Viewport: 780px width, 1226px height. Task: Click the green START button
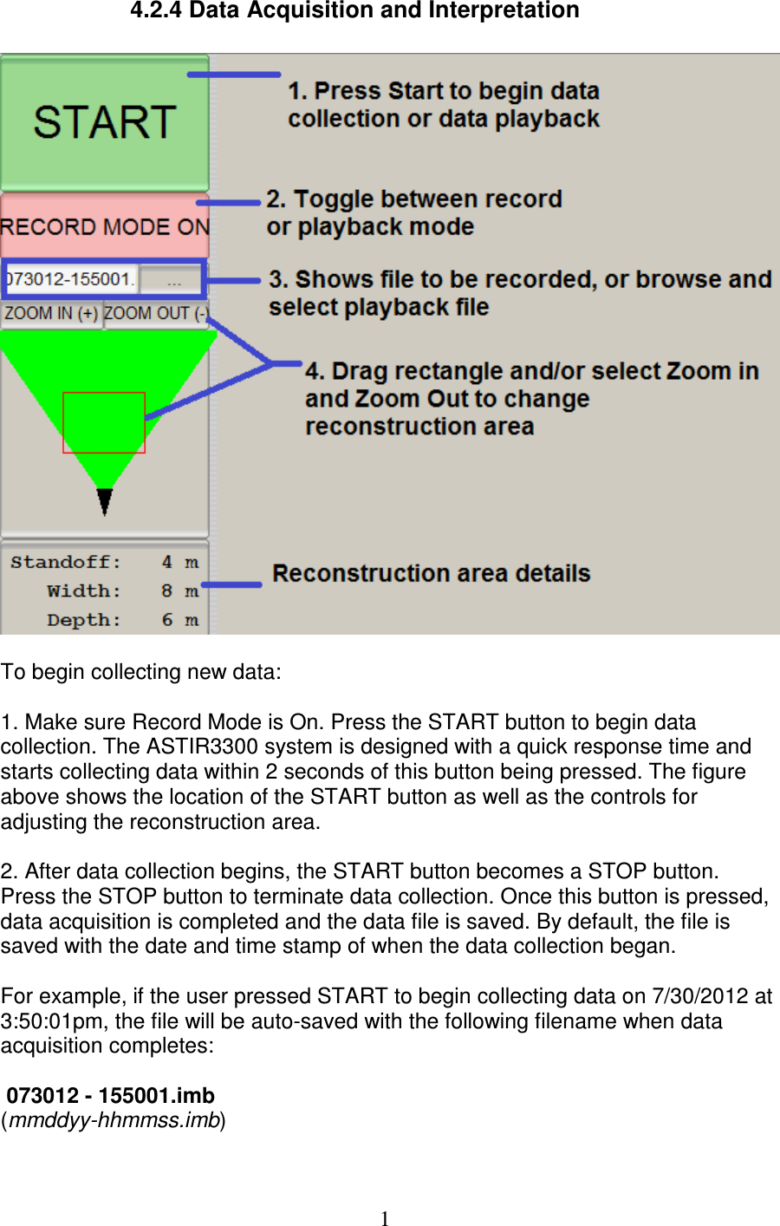[104, 122]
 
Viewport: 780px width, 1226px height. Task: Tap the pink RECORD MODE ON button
[104, 226]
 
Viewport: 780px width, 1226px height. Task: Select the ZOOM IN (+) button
[51, 313]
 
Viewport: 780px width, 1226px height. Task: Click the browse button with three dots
[173, 279]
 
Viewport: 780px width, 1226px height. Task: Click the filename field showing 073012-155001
[69, 279]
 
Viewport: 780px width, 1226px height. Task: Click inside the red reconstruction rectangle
[103, 422]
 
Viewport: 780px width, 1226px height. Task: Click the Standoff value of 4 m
[179, 562]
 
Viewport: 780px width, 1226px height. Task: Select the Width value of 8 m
[179, 591]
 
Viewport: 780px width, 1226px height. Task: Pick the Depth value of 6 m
[179, 620]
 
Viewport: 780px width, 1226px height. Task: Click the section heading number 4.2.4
[156, 11]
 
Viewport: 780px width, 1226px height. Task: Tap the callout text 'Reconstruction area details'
[431, 573]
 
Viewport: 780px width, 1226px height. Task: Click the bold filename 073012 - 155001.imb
[111, 1095]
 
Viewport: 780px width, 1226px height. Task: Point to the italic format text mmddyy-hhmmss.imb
[114, 1120]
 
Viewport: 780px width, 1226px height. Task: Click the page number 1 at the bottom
[385, 1218]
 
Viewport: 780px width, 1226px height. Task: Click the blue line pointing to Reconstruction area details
[231, 584]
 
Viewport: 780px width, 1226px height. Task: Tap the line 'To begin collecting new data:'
[141, 672]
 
